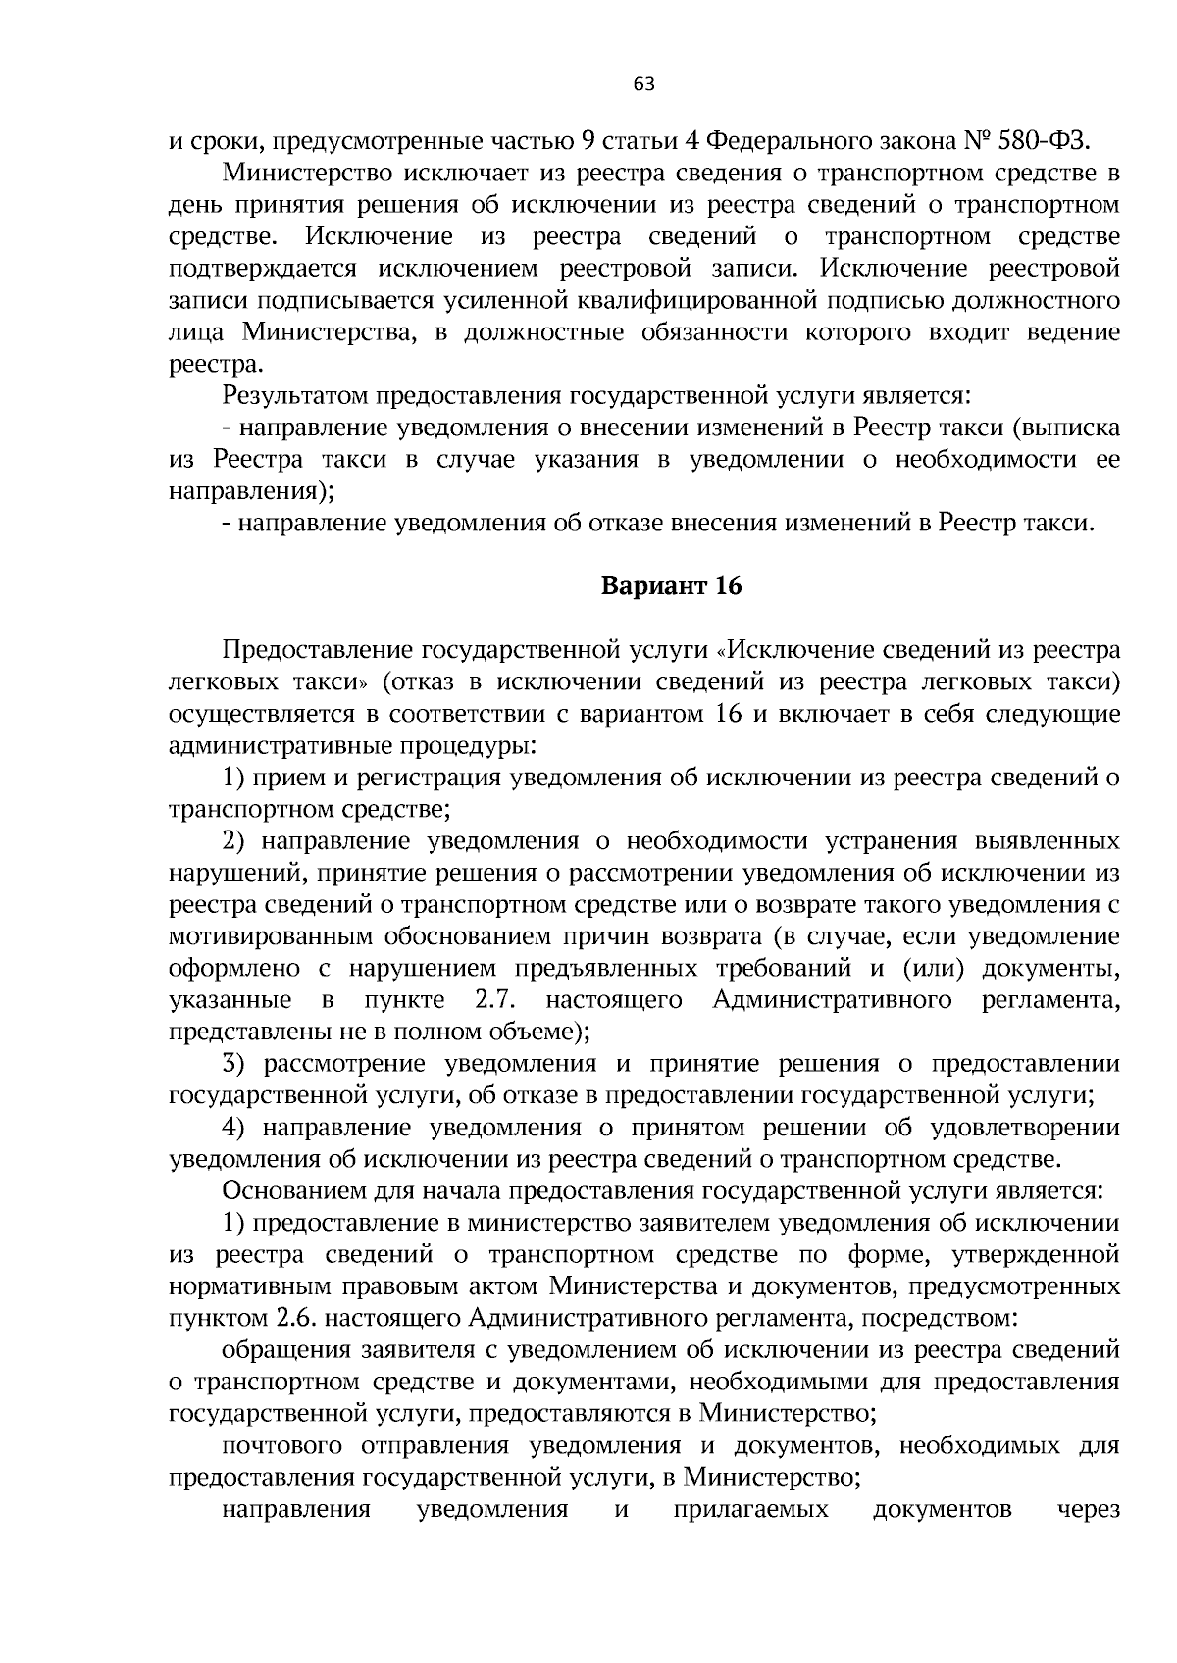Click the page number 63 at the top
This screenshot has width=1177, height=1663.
[643, 84]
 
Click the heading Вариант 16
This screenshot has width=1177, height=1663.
[672, 586]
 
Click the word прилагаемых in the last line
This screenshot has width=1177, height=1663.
[750, 1510]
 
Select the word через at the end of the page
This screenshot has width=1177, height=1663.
[1088, 1510]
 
